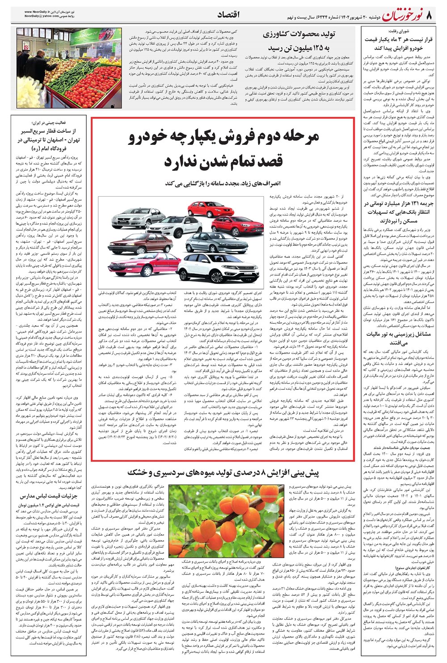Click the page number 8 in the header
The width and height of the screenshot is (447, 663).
pos(430,16)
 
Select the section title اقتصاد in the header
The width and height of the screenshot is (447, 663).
pos(228,15)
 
